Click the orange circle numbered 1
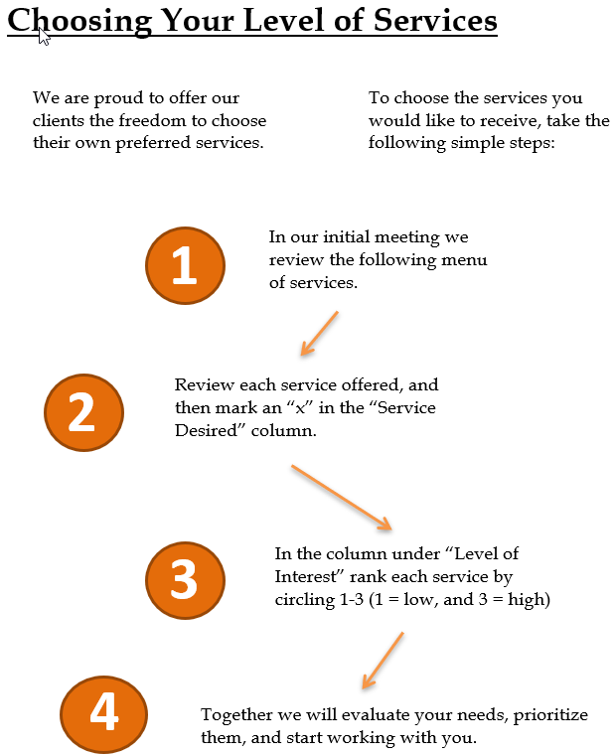pyautogui.click(x=186, y=265)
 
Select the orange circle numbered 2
pyautogui.click(x=83, y=412)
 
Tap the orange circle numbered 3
pyautogui.click(x=186, y=580)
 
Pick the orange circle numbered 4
pyautogui.click(x=104, y=714)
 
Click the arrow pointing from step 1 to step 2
pyautogui.click(x=319, y=333)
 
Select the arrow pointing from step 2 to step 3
pyautogui.click(x=342, y=498)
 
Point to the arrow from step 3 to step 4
pyautogui.click(x=383, y=661)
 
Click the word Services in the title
pyautogui.click(x=435, y=20)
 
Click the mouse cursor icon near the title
pyautogui.click(x=44, y=37)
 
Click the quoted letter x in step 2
pyautogui.click(x=301, y=409)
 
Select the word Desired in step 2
pyautogui.click(x=206, y=430)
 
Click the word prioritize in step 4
pyautogui.click(x=550, y=715)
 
